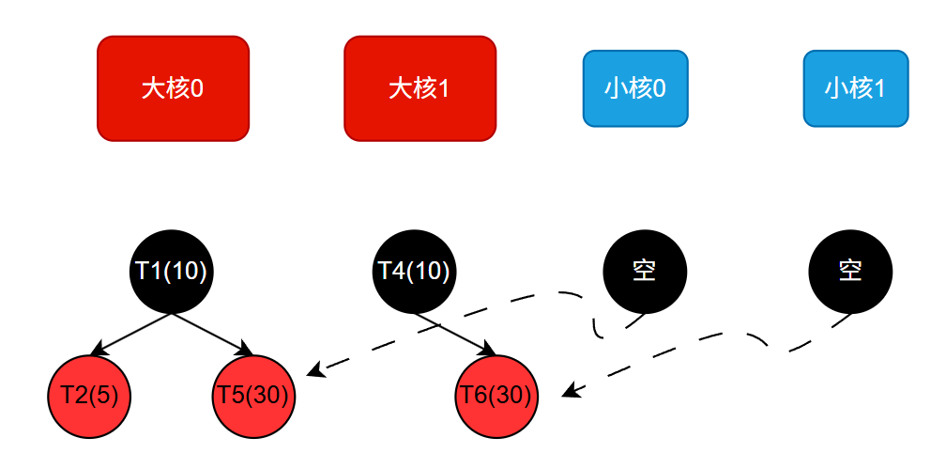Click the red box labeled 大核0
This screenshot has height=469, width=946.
coord(173,88)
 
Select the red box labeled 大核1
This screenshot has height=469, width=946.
coord(420,88)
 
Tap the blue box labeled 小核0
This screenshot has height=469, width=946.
coord(635,88)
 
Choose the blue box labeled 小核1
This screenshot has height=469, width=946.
coord(855,88)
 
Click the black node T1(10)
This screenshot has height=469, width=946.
coord(171,271)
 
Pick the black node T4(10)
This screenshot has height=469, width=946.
coord(414,271)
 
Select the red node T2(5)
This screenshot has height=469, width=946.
coord(89,396)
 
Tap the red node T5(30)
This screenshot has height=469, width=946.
coord(253,396)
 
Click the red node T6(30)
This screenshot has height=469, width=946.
coord(496,396)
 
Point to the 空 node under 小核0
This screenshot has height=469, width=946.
coord(644,272)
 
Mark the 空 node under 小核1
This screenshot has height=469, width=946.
coord(850,272)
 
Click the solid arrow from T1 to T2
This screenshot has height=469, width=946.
coord(130,334)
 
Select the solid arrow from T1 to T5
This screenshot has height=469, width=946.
coord(212,334)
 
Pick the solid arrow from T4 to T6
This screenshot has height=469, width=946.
coord(455,334)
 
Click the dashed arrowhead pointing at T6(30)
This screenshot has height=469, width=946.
coord(569,392)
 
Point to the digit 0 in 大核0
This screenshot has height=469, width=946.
coord(197,88)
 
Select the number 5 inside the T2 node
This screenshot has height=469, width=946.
coord(104,396)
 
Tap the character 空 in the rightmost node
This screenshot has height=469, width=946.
coord(850,272)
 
